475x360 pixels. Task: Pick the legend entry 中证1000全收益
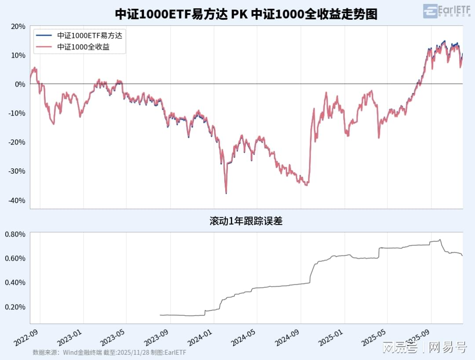pyautogui.click(x=83, y=47)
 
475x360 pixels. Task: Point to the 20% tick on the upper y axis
pyautogui.click(x=18, y=26)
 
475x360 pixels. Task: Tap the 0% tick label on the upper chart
pyautogui.click(x=20, y=84)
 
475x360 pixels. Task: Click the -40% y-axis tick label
pyautogui.click(x=17, y=200)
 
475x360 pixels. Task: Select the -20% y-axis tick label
pyautogui.click(x=17, y=142)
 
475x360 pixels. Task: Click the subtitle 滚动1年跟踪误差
pyautogui.click(x=246, y=221)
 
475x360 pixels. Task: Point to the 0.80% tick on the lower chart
pyautogui.click(x=15, y=234)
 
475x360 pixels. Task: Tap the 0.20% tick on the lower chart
pyautogui.click(x=15, y=307)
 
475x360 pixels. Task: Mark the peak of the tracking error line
pyautogui.click(x=440, y=240)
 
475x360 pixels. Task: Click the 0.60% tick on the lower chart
pyautogui.click(x=15, y=258)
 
